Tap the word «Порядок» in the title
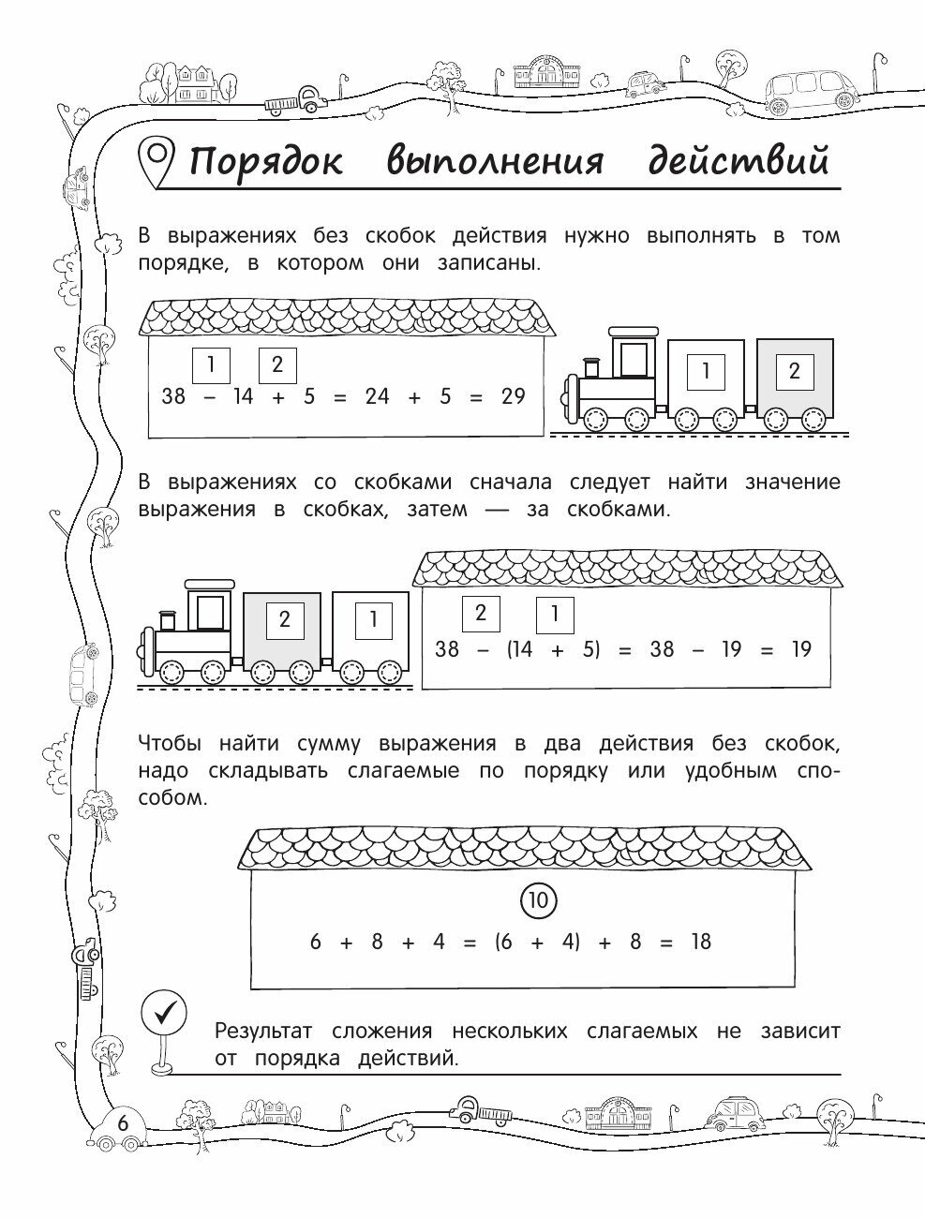pos(266,162)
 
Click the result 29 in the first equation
pos(513,396)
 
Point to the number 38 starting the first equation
pos(173,396)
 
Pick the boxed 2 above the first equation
pos(276,364)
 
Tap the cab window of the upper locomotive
pos(635,360)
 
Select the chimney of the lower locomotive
pos(167,620)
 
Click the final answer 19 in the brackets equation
pos(799,648)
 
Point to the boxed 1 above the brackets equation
pos(555,615)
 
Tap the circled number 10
pos(538,901)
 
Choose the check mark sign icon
pos(164,1012)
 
